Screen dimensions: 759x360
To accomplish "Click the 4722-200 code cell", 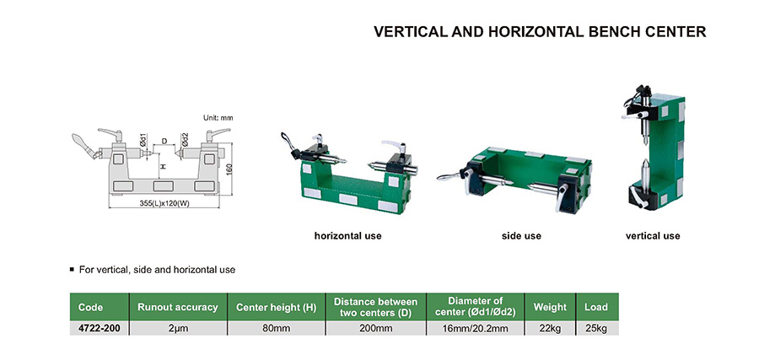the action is point(99,329).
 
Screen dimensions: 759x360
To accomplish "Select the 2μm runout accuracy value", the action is point(178,329).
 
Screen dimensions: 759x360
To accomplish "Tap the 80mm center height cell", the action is point(276,329).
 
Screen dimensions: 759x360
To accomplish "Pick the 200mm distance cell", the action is point(375,329).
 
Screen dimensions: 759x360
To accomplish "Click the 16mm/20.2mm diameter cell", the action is point(476,329).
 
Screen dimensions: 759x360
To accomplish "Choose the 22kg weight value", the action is point(550,329).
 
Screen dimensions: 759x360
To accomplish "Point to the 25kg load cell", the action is point(596,329).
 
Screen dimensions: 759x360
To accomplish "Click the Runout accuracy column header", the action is point(178,307).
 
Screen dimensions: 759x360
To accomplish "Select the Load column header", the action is point(596,307).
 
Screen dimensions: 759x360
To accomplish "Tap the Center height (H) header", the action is point(276,307).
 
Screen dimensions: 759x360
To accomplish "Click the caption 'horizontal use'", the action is point(347,236).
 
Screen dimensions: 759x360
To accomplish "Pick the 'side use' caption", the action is point(521,236).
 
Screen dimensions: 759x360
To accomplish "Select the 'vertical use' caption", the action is point(653,236).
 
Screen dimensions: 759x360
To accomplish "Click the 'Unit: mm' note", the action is point(218,117).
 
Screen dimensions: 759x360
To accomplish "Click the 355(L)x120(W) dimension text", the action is point(164,203).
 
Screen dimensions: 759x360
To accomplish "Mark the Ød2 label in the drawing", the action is point(186,139).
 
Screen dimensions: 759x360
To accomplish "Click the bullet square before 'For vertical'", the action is point(73,269).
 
